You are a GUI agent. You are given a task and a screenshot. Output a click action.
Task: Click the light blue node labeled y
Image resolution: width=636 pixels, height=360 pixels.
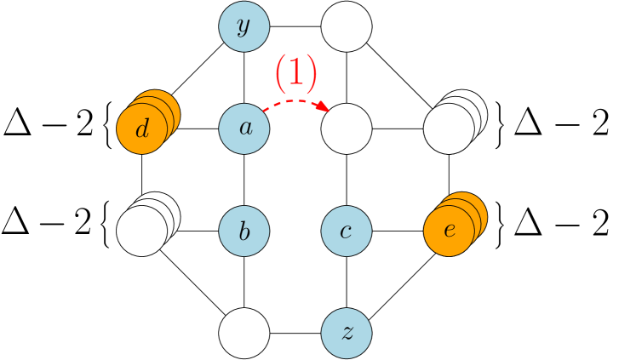tap(244, 26)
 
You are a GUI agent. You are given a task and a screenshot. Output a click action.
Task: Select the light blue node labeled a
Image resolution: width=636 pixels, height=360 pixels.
tap(244, 129)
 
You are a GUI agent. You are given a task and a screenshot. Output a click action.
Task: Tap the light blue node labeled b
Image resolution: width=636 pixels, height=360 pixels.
tap(244, 231)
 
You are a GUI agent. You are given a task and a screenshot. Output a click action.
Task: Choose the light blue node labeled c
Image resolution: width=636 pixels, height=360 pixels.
tap(347, 231)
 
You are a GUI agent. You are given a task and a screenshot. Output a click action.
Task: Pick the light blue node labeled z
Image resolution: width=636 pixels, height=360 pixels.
tap(347, 333)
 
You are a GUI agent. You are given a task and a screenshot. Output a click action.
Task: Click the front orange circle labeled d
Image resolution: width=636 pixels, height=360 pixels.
tap(141, 129)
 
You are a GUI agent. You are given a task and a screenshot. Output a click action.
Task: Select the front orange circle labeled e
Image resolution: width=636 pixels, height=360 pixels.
tap(449, 231)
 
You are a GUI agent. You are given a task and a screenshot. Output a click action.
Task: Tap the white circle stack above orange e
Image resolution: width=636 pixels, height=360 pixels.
tap(449, 129)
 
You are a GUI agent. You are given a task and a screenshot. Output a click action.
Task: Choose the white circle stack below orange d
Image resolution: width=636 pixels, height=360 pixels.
tap(141, 231)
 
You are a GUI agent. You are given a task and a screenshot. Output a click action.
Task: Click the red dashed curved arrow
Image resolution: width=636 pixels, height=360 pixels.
tap(294, 101)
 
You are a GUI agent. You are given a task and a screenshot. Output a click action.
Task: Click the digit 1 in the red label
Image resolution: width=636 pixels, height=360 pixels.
tap(295, 72)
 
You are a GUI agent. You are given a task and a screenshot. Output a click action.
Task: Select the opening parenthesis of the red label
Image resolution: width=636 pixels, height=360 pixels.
tap(280, 73)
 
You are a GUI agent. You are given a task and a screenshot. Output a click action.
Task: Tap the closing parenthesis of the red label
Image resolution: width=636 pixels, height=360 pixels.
tap(311, 73)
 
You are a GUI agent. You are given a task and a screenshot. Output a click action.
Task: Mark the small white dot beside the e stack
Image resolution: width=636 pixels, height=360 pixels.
tap(487, 202)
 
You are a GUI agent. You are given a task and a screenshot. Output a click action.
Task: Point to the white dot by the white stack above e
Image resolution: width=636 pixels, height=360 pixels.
tap(486, 101)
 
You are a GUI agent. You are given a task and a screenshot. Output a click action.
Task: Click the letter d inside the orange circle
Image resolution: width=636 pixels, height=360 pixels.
tap(142, 129)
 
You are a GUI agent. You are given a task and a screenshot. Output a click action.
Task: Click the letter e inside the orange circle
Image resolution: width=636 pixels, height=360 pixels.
tap(449, 231)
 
